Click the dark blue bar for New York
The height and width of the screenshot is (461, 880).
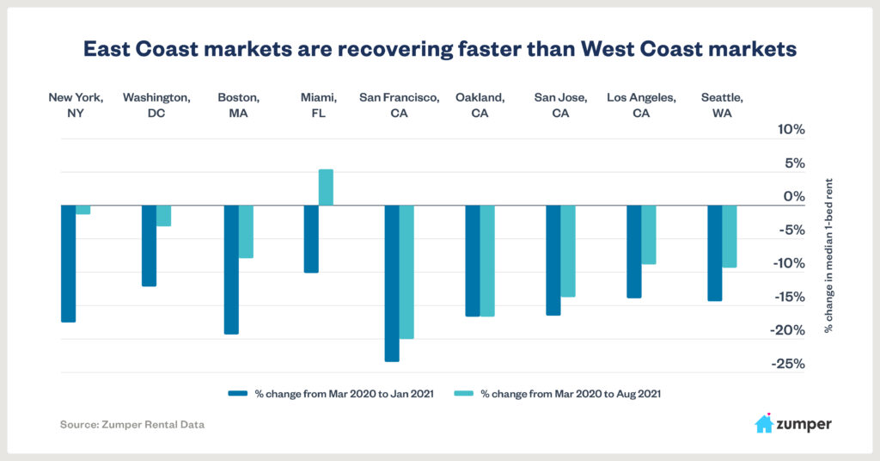(68, 264)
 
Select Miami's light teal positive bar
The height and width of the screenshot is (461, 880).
(326, 187)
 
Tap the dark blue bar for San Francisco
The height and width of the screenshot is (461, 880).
(392, 283)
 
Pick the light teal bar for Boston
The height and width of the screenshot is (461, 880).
(246, 231)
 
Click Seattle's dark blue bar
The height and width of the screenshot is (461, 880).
(714, 253)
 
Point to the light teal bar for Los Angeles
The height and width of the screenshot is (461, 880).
(649, 235)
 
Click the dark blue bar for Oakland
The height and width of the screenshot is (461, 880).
(473, 261)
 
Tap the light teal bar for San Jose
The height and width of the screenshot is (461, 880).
(568, 251)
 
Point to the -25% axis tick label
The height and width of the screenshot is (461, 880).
(787, 364)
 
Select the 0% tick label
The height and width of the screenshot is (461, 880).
(794, 197)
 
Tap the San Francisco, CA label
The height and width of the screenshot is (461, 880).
(400, 105)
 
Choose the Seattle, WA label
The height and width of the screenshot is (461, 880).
(722, 105)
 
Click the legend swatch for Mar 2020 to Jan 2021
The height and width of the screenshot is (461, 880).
(238, 394)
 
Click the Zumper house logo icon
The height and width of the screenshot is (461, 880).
(763, 423)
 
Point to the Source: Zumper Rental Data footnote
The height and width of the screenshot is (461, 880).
(132, 424)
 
